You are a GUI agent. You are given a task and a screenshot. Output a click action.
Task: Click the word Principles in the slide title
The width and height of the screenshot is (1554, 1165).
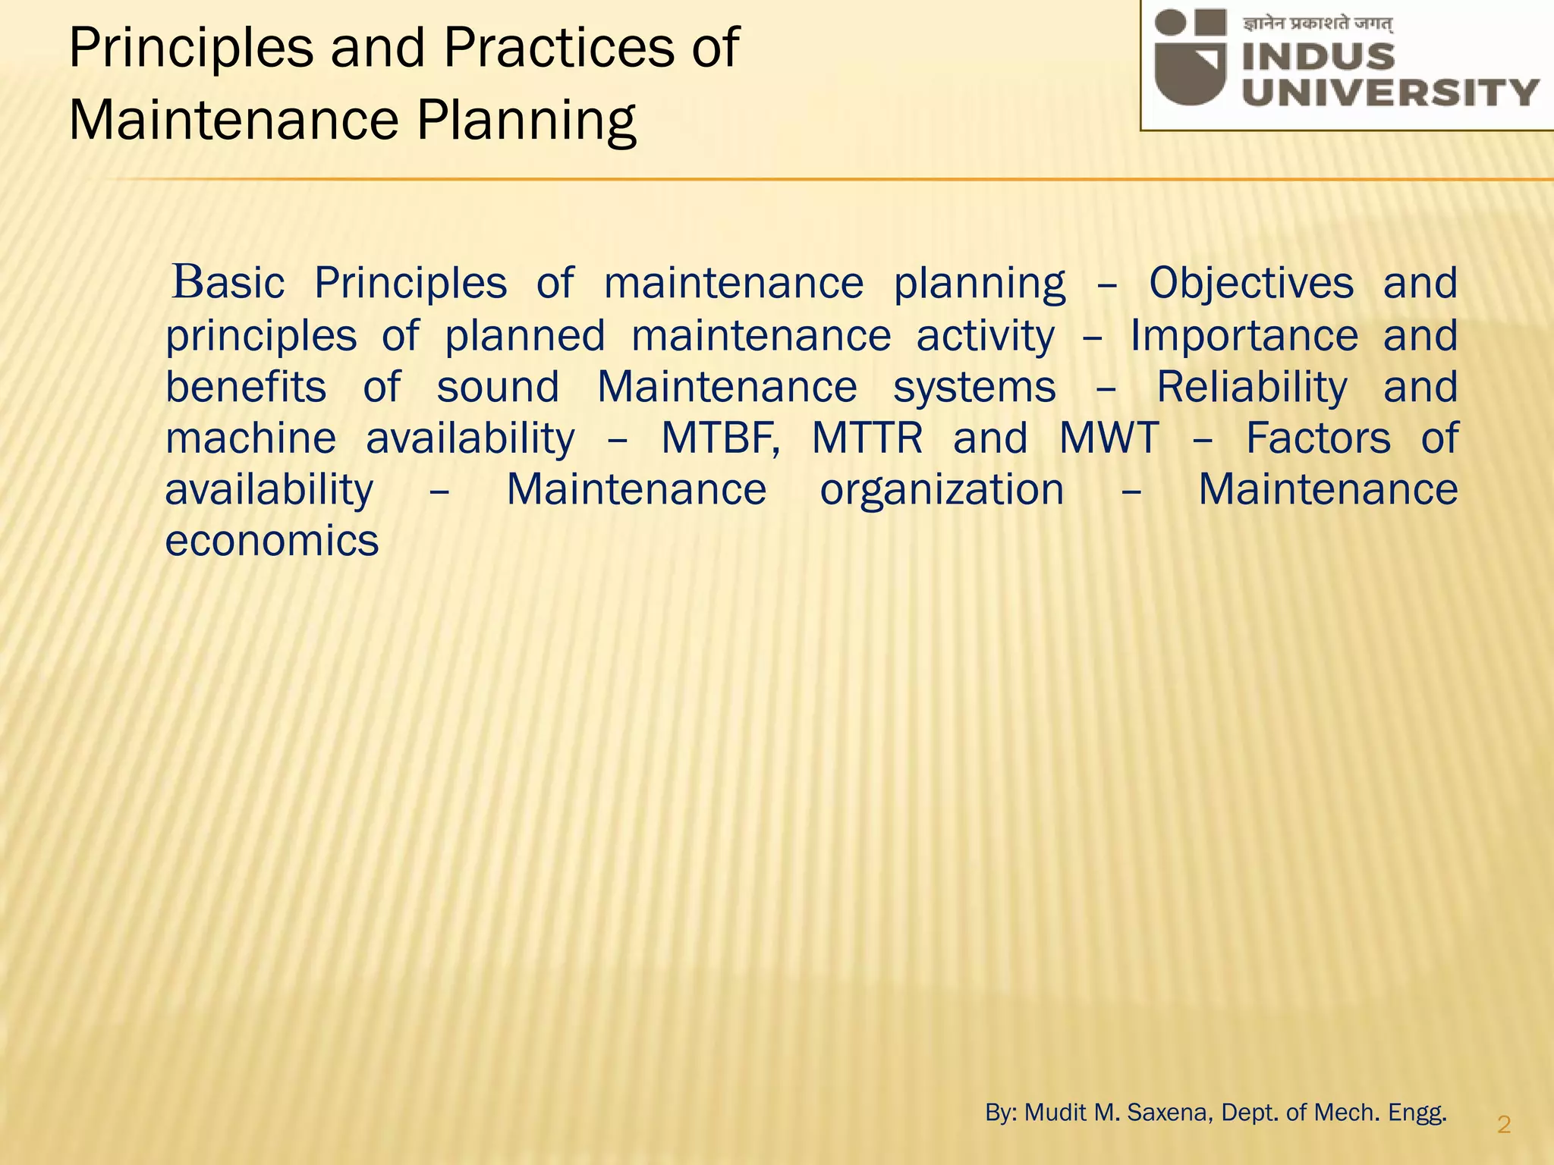pyautogui.click(x=190, y=49)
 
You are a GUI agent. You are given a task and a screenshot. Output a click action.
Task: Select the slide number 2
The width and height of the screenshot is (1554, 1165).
pyautogui.click(x=1504, y=1125)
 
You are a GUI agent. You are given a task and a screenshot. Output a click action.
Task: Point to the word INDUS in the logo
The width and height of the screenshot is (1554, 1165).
pyautogui.click(x=1319, y=57)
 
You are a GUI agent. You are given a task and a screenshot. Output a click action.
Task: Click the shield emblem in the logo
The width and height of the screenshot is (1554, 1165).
pyautogui.click(x=1191, y=57)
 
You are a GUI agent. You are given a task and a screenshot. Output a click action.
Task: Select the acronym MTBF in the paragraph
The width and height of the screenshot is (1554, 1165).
pyautogui.click(x=719, y=438)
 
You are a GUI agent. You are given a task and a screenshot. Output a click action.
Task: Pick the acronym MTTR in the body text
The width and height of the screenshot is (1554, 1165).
pyautogui.click(x=867, y=438)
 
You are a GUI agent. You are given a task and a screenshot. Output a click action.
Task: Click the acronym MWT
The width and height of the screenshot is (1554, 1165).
pyautogui.click(x=1109, y=438)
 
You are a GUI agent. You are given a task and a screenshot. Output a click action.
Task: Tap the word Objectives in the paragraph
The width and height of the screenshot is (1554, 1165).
pyautogui.click(x=1250, y=284)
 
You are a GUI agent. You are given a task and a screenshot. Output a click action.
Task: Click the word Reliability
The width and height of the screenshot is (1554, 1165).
pyautogui.click(x=1251, y=388)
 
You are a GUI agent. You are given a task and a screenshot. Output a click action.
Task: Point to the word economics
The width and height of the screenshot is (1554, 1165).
pyautogui.click(x=272, y=542)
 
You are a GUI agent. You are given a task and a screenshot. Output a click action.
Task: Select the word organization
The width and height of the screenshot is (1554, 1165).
pyautogui.click(x=942, y=490)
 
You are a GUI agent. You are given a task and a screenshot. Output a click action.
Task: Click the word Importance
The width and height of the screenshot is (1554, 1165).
pyautogui.click(x=1244, y=335)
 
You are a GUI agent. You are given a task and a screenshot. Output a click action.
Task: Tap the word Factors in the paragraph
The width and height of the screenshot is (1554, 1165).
pyautogui.click(x=1318, y=438)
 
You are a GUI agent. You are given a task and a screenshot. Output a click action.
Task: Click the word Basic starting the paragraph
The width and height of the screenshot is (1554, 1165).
pyautogui.click(x=228, y=284)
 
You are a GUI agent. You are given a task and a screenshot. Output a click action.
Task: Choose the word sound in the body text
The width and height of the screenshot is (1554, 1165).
pyautogui.click(x=498, y=388)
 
